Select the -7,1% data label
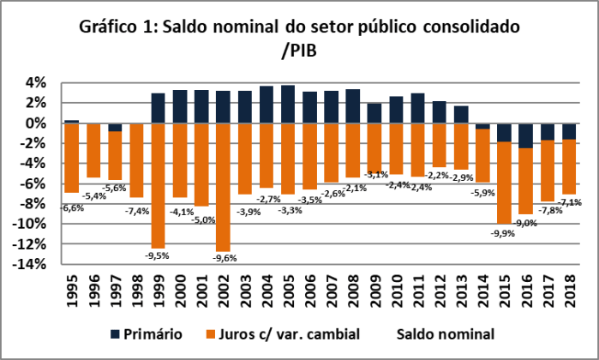[x=570, y=202]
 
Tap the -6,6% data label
[x=71, y=207]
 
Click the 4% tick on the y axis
[x=35, y=83]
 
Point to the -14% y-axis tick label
[x=29, y=264]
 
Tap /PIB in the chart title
[x=299, y=50]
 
